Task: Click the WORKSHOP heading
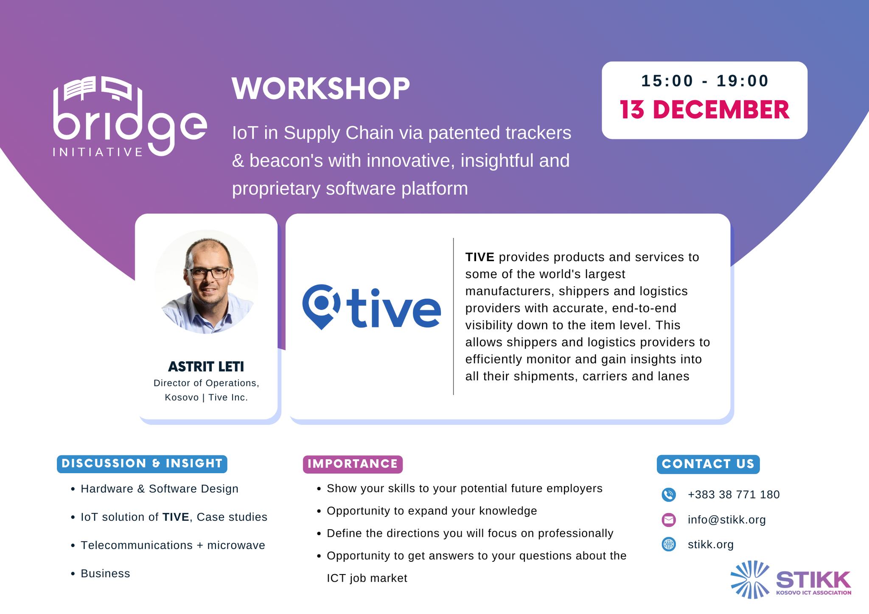point(321,89)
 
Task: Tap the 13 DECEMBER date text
point(704,110)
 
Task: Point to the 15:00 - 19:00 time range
point(705,81)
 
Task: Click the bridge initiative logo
point(130,116)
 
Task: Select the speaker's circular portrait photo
point(206,282)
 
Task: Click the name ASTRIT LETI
point(206,366)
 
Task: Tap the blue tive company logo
point(372,307)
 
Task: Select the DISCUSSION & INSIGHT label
point(142,463)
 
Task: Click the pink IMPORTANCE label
point(353,464)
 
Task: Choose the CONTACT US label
point(708,464)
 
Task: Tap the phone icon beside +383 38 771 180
point(669,494)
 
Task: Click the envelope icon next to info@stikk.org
point(669,519)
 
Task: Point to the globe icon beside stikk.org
point(669,544)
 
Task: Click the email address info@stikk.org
point(727,520)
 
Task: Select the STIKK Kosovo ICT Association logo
point(791,580)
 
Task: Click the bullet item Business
point(105,574)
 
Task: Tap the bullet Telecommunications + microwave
point(173,545)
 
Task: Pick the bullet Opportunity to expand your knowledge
point(432,511)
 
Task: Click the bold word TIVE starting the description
point(480,257)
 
